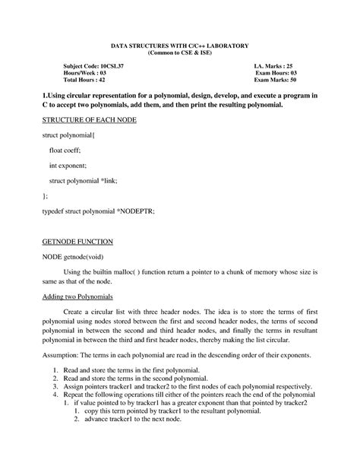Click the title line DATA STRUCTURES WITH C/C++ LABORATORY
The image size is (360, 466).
point(180,47)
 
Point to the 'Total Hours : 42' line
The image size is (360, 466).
point(84,79)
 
